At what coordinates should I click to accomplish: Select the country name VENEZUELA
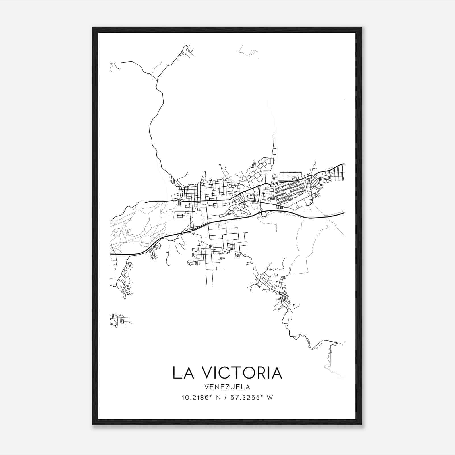227,387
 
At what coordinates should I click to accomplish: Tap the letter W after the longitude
270,398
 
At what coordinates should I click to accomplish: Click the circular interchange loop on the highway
264,214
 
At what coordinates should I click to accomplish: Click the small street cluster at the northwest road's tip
188,50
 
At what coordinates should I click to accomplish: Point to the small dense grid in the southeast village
284,297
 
